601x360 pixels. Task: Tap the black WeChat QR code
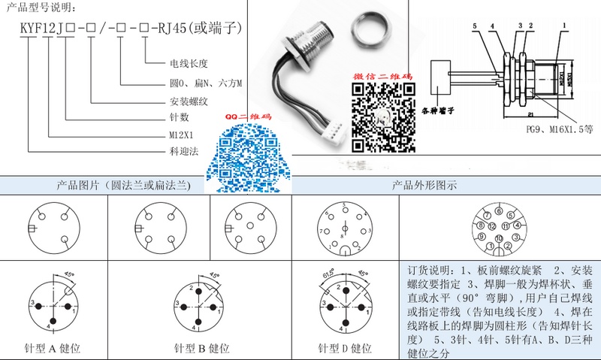[x=382, y=117]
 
